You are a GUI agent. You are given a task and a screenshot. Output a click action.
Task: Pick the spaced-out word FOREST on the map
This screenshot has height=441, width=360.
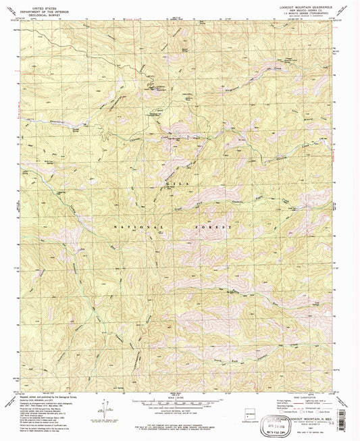point(215,228)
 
